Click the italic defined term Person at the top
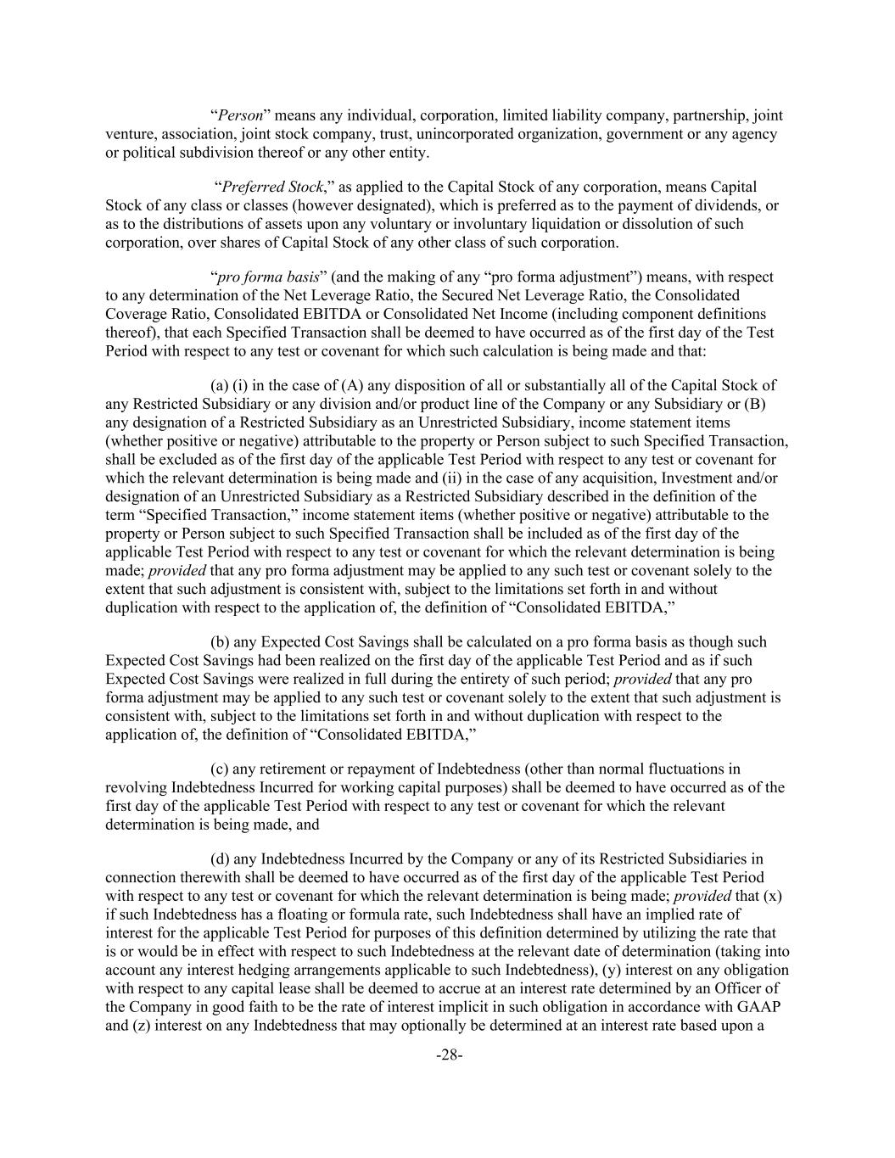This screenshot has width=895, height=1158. pos(240,115)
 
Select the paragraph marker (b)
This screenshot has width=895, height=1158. pos(221,642)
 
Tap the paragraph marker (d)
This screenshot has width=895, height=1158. pos(221,859)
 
